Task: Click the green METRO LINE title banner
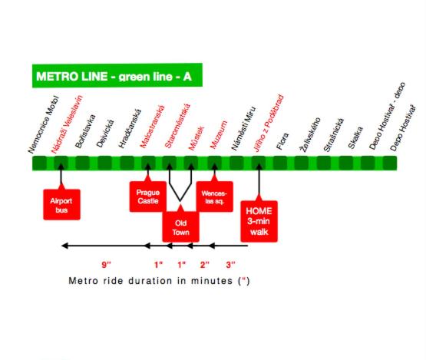[117, 75]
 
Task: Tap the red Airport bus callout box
[61, 204]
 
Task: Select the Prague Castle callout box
[148, 197]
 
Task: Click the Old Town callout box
[180, 227]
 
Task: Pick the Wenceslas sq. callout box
[214, 197]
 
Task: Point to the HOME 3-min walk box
[259, 221]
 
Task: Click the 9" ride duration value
[106, 264]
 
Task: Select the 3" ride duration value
[231, 264]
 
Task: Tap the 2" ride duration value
[205, 264]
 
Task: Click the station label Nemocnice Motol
[44, 124]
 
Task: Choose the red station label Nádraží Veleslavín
[67, 124]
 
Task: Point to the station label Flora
[282, 141]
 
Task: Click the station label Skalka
[355, 137]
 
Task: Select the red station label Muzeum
[219, 135]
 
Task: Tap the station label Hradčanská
[130, 128]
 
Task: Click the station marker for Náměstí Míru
[236, 163]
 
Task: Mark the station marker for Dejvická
[104, 163]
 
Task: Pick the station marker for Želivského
[302, 163]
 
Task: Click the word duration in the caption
[150, 280]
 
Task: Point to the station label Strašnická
[334, 135]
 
